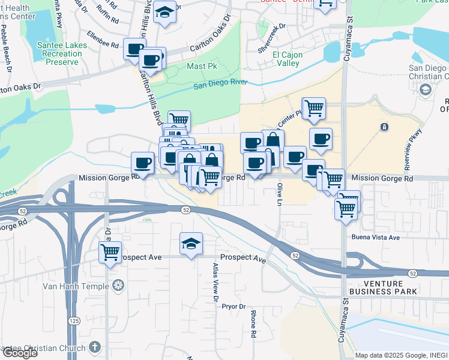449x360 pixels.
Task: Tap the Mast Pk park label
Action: point(202,66)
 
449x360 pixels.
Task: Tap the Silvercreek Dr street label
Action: point(272,39)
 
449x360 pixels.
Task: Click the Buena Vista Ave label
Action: point(376,238)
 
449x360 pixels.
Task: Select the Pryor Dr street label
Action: point(234,306)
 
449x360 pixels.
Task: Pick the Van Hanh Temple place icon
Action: point(118,285)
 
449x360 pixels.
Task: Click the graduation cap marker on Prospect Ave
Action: point(191,244)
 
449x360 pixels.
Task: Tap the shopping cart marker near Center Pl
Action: point(314,108)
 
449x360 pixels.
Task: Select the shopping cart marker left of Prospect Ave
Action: point(110,253)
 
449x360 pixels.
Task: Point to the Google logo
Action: point(19,353)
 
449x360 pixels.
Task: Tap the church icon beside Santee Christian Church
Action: point(94,347)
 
